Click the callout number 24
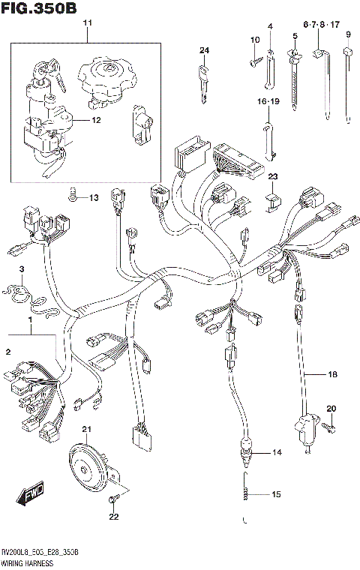(x=202, y=51)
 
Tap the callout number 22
(x=113, y=516)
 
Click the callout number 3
(x=22, y=268)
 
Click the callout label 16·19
(x=268, y=100)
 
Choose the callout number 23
(x=273, y=176)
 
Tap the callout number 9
(x=348, y=34)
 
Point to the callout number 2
(x=8, y=352)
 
